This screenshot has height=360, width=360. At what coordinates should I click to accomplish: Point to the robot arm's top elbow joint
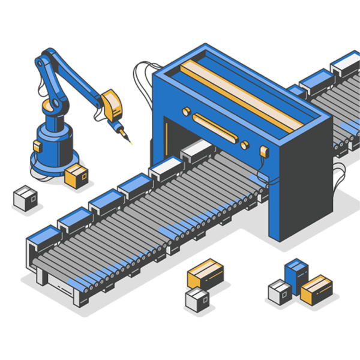click(43, 62)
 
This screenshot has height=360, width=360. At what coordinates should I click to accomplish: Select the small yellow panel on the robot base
click(37, 146)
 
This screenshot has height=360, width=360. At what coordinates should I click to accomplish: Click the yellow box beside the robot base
click(76, 175)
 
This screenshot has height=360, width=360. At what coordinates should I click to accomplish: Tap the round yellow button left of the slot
click(186, 111)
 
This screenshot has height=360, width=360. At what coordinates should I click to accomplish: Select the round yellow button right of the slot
click(244, 145)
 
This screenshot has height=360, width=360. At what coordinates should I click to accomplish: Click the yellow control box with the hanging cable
click(265, 152)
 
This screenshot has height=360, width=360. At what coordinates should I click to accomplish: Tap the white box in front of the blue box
click(280, 292)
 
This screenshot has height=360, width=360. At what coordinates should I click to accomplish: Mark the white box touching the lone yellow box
click(197, 299)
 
